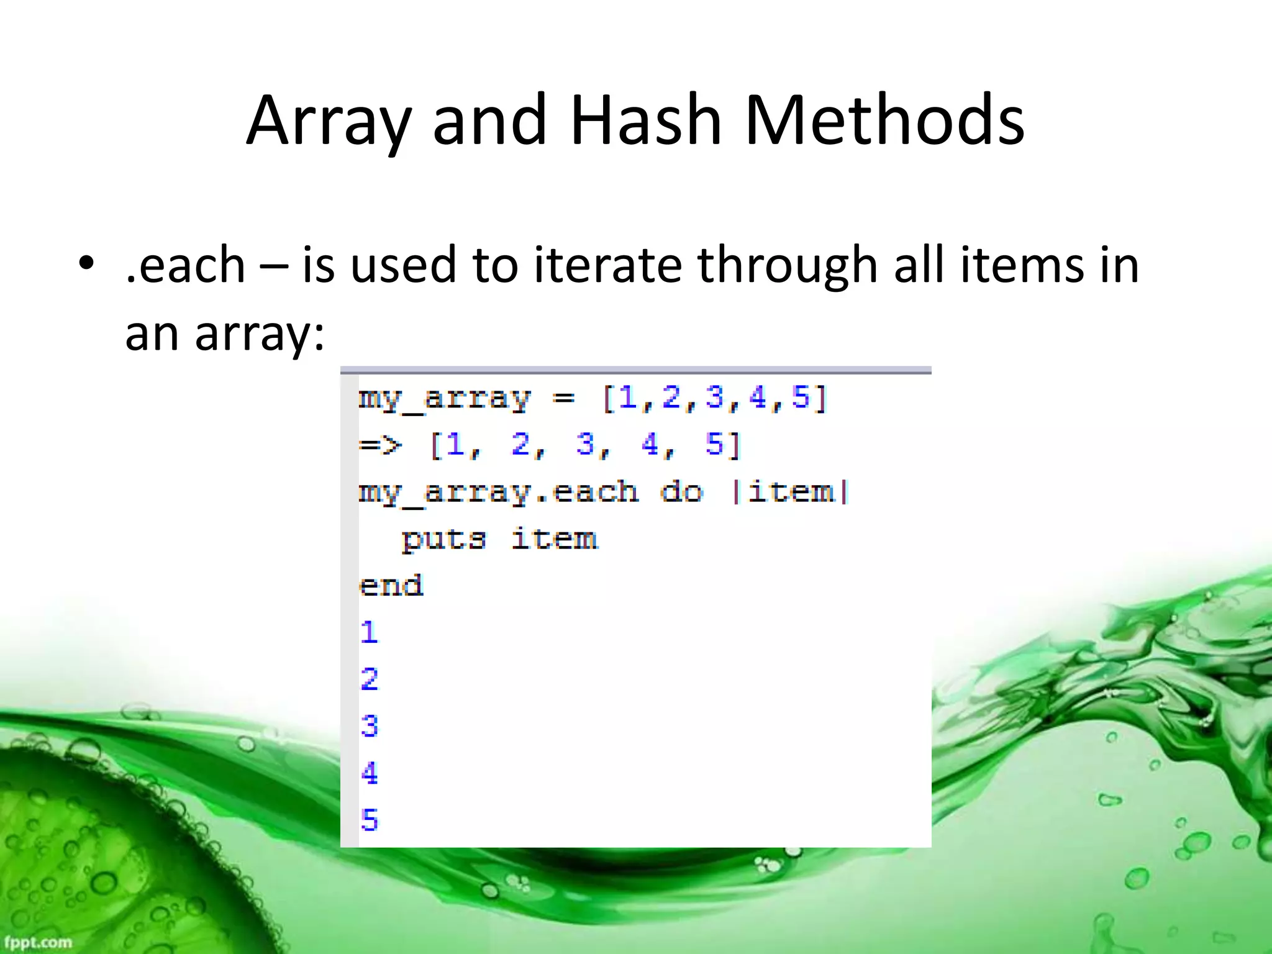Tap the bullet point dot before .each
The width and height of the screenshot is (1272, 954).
[86, 263]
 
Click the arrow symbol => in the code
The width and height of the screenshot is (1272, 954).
[380, 445]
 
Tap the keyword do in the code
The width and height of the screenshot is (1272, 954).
[681, 493]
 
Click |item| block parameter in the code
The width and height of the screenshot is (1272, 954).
[791, 493]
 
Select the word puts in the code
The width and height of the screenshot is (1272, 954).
[443, 538]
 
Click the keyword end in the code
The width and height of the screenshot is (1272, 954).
[391, 586]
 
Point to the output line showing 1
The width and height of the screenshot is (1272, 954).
[369, 632]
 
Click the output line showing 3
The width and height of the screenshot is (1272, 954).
[369, 726]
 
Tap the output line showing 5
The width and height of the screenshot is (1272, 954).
[369, 820]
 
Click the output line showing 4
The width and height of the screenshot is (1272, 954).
[369, 773]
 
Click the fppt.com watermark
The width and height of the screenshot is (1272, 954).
[39, 942]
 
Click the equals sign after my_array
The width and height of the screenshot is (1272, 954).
[563, 397]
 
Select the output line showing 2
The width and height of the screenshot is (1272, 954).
[369, 679]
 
